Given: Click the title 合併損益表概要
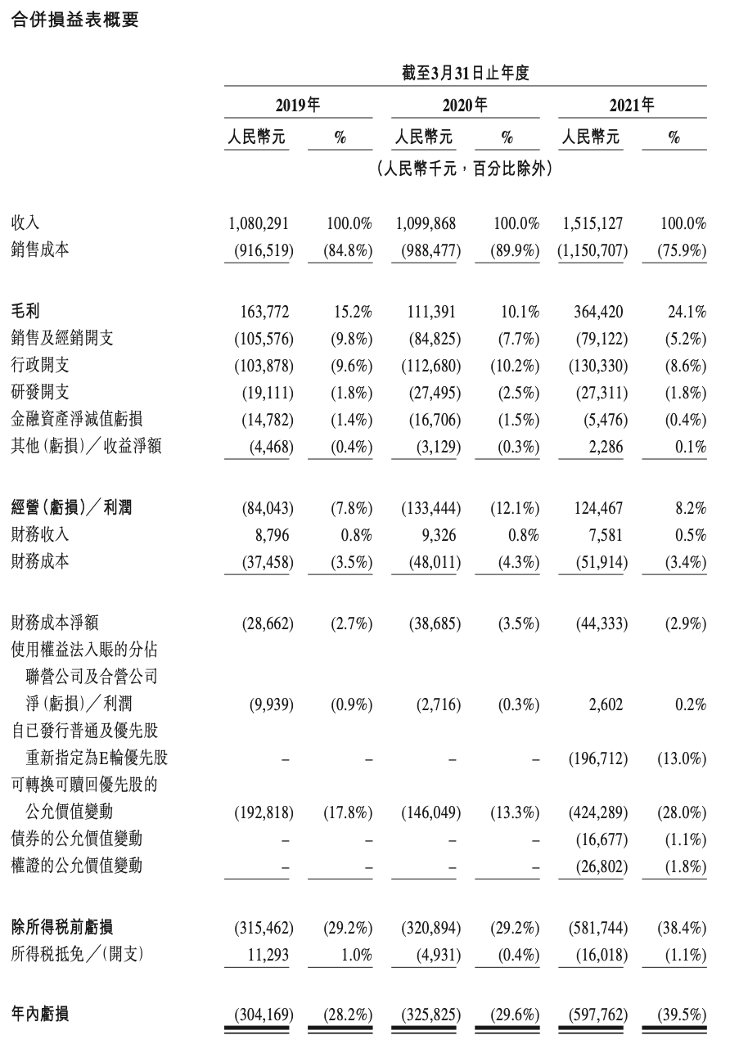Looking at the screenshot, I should tap(75, 20).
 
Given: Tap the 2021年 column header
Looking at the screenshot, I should tap(633, 105).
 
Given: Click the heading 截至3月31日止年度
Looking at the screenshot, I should tap(466, 73).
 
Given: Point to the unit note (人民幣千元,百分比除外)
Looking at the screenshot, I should tap(465, 170).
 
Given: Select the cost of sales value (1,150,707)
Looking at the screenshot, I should tap(593, 250).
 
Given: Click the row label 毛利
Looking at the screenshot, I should tap(26, 311).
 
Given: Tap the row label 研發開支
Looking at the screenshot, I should tap(40, 393).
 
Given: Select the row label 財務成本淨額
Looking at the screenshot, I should tap(54, 623).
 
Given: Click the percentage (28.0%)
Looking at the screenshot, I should tap(681, 812).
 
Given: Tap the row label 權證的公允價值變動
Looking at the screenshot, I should tap(76, 866).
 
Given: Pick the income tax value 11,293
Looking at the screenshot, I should tap(266, 954).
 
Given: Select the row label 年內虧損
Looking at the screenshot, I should tap(40, 1015).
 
